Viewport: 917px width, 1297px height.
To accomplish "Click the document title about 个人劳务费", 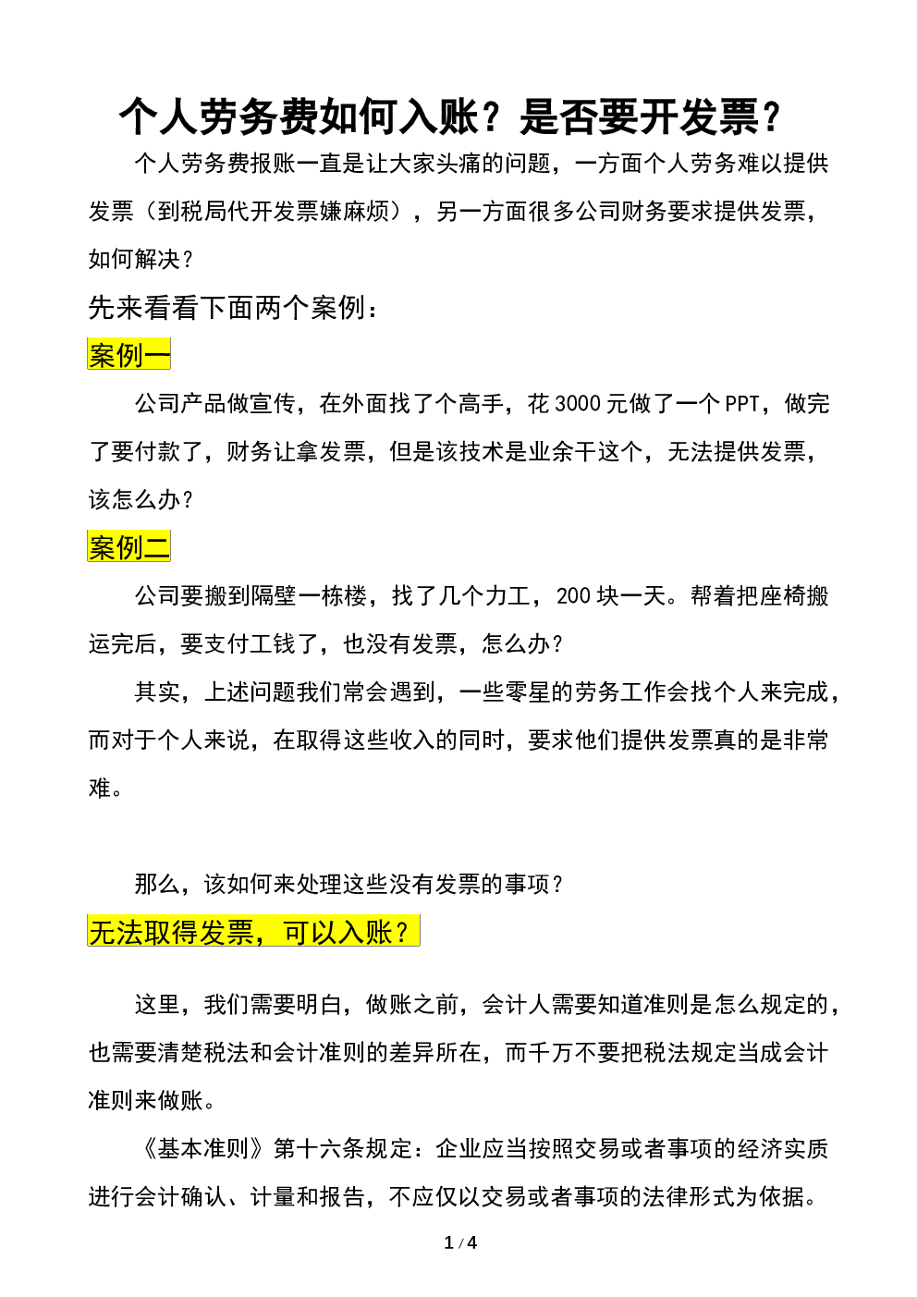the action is (450, 117).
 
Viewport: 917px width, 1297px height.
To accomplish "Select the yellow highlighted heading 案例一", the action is (129, 354).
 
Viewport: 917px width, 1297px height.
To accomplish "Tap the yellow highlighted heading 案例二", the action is (129, 546).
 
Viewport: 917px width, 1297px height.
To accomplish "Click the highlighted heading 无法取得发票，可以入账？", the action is (253, 931).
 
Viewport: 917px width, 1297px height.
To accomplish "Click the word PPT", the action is (741, 404).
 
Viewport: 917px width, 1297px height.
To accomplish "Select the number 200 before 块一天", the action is (573, 596).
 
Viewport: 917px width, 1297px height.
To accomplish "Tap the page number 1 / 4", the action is (460, 1242).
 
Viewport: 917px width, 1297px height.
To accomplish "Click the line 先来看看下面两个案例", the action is (233, 308).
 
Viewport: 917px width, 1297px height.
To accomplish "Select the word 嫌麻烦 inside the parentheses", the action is (354, 212).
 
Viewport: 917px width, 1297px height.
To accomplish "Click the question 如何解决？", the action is (141, 260).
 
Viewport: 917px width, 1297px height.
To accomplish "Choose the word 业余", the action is (551, 452).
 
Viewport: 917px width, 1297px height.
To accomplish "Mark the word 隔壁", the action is (274, 596).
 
